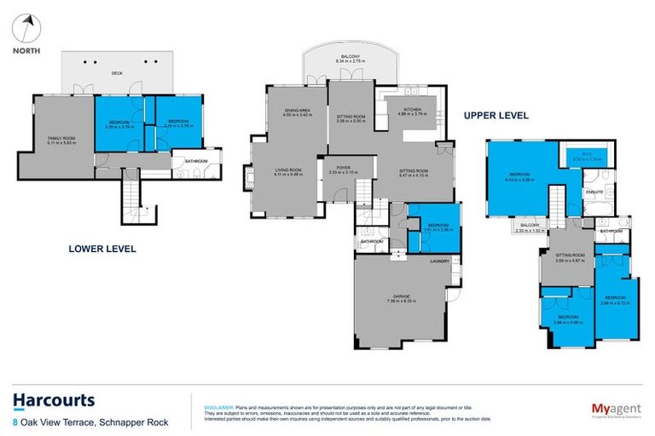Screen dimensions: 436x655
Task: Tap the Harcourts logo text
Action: [54, 400]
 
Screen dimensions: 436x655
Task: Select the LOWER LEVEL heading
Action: [102, 250]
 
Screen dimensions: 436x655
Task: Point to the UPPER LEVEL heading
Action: [496, 115]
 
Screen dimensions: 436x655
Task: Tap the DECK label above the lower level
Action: [119, 74]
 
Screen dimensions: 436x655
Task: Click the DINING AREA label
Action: [298, 111]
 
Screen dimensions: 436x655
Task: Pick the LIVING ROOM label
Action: [288, 169]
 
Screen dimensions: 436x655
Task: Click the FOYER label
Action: [345, 167]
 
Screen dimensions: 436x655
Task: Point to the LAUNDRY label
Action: [440, 261]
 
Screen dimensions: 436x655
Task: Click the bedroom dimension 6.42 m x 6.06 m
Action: [519, 181]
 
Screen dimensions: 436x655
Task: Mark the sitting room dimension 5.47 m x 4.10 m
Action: [414, 176]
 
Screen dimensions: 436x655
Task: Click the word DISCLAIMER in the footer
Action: [210, 407]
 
